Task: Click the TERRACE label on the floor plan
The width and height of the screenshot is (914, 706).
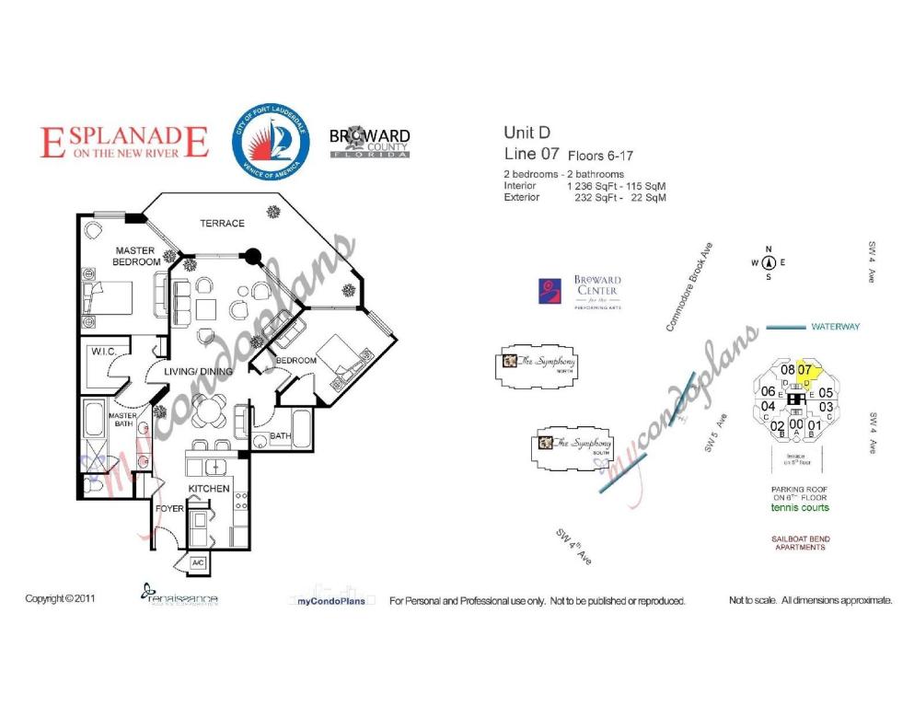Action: pyautogui.click(x=223, y=224)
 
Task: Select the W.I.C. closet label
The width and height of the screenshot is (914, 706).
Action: pyautogui.click(x=100, y=351)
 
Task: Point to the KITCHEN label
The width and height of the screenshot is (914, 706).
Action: pyautogui.click(x=209, y=488)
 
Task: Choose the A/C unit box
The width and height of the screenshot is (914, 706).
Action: pyautogui.click(x=199, y=562)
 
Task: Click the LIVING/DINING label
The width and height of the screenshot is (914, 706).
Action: pyautogui.click(x=197, y=371)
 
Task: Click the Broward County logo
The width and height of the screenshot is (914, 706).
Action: pyautogui.click(x=370, y=143)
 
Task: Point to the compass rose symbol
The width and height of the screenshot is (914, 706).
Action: pyautogui.click(x=769, y=262)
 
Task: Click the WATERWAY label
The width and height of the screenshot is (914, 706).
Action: pyautogui.click(x=835, y=327)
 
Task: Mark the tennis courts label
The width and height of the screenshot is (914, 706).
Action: pyautogui.click(x=800, y=507)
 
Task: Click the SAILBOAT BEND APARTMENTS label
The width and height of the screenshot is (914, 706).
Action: pyautogui.click(x=800, y=543)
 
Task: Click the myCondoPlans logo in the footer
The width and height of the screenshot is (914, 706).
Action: pyautogui.click(x=332, y=599)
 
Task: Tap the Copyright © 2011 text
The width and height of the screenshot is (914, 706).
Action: pyautogui.click(x=60, y=599)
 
